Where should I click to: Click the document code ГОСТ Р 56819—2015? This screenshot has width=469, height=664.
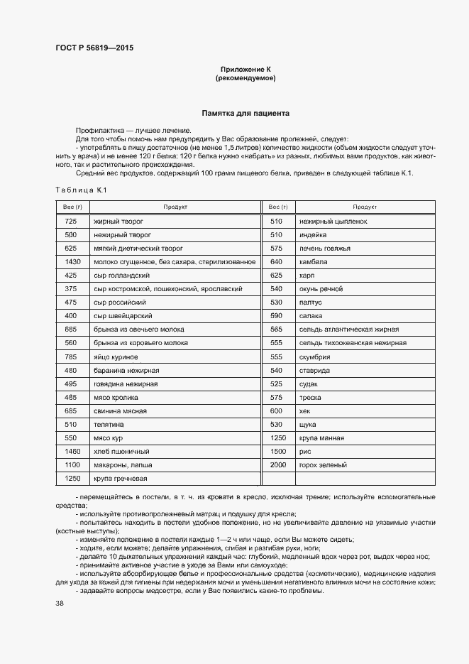point(94,48)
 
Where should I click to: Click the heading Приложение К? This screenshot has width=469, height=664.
point(245,69)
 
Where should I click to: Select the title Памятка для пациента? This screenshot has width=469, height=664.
point(245,113)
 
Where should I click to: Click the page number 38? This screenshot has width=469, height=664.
point(60,604)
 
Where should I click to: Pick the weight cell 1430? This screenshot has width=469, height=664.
point(70,262)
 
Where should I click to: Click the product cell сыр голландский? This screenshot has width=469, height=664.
point(121,276)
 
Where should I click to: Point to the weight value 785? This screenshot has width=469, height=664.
point(70,357)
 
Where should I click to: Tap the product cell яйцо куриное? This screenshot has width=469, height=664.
point(116,357)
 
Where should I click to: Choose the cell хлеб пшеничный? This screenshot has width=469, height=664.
point(121,452)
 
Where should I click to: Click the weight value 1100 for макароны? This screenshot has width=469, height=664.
point(70,465)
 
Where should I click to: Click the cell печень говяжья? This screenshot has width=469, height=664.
point(325,249)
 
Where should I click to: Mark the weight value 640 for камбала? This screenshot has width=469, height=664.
point(277,262)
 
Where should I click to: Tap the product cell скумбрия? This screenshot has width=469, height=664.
point(316,357)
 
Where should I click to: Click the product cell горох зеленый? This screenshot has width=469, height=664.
point(323,465)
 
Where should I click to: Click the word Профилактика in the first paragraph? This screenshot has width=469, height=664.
point(98,131)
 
